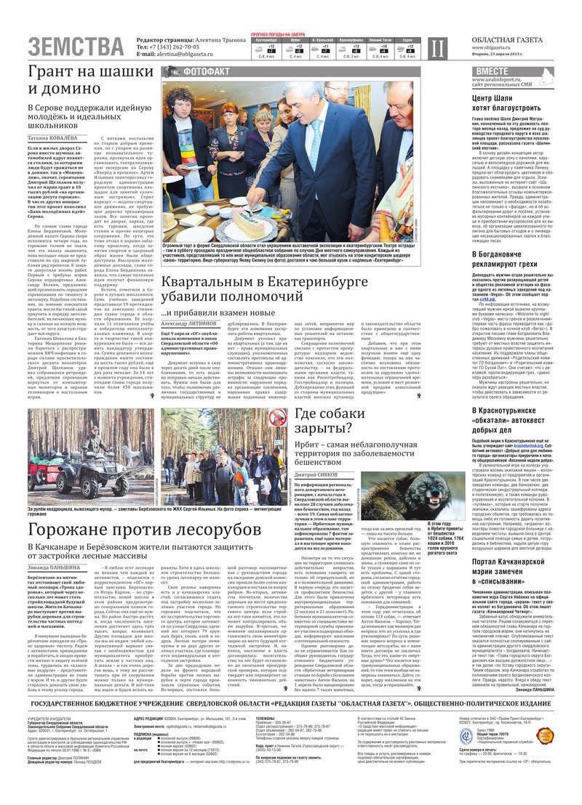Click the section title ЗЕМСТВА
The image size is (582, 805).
(x=76, y=46)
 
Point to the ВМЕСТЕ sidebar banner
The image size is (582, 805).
(x=493, y=71)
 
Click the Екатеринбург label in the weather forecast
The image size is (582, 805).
(x=267, y=41)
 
